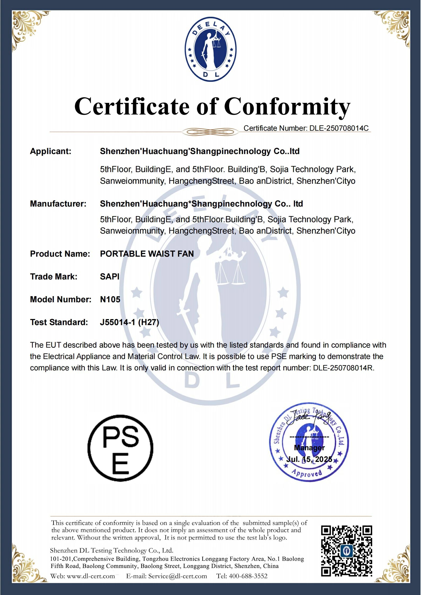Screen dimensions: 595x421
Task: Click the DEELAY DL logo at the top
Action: point(210,50)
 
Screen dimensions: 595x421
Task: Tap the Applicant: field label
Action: point(51,151)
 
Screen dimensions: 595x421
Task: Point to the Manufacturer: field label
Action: point(58,204)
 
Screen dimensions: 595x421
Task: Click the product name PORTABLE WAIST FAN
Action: point(147,254)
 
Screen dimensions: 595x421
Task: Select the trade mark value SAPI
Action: point(109,277)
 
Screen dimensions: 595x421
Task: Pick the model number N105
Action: point(110,299)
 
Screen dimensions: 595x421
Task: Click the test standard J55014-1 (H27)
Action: point(129,322)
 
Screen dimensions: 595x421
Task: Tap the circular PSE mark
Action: point(120,448)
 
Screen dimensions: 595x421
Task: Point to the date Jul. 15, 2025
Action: point(309,459)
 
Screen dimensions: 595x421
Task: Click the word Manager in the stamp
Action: point(309,448)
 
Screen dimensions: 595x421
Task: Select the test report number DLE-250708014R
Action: point(343,368)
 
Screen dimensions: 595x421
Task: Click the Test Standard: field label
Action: point(59,322)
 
